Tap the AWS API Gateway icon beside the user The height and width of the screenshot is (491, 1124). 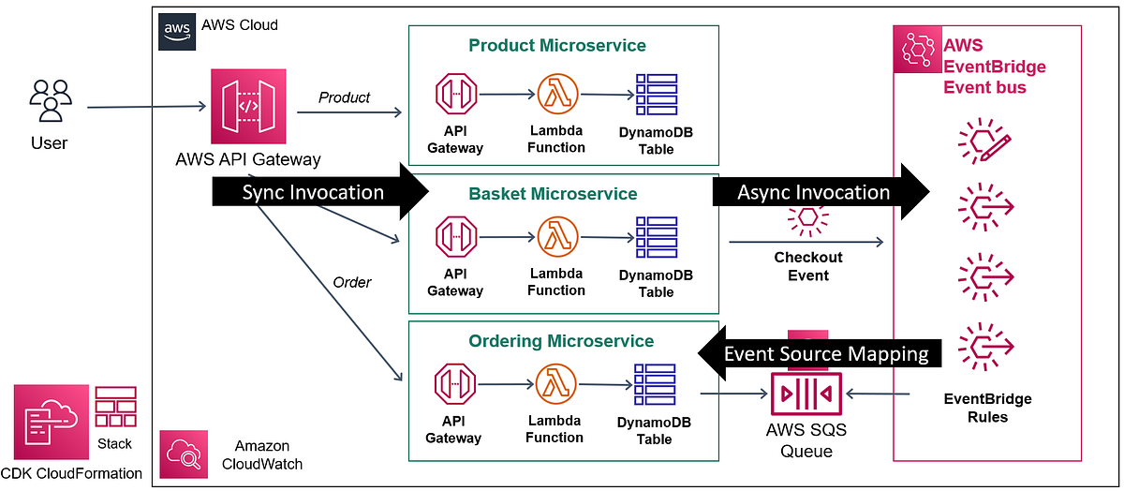[x=247, y=107]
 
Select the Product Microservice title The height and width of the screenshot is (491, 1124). [x=557, y=46]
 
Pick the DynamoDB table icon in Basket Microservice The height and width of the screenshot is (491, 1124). [x=655, y=238]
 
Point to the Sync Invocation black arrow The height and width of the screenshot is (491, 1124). [x=318, y=193]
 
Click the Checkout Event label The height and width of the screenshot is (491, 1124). [x=807, y=266]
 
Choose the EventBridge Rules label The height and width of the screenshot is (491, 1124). [x=986, y=408]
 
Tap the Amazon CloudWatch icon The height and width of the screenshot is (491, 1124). [x=184, y=454]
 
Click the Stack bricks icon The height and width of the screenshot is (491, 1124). [x=115, y=409]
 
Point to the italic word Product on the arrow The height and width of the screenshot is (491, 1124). [x=344, y=97]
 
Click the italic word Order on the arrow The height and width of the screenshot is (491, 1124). [x=351, y=282]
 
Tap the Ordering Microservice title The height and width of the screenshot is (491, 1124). [x=562, y=341]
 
